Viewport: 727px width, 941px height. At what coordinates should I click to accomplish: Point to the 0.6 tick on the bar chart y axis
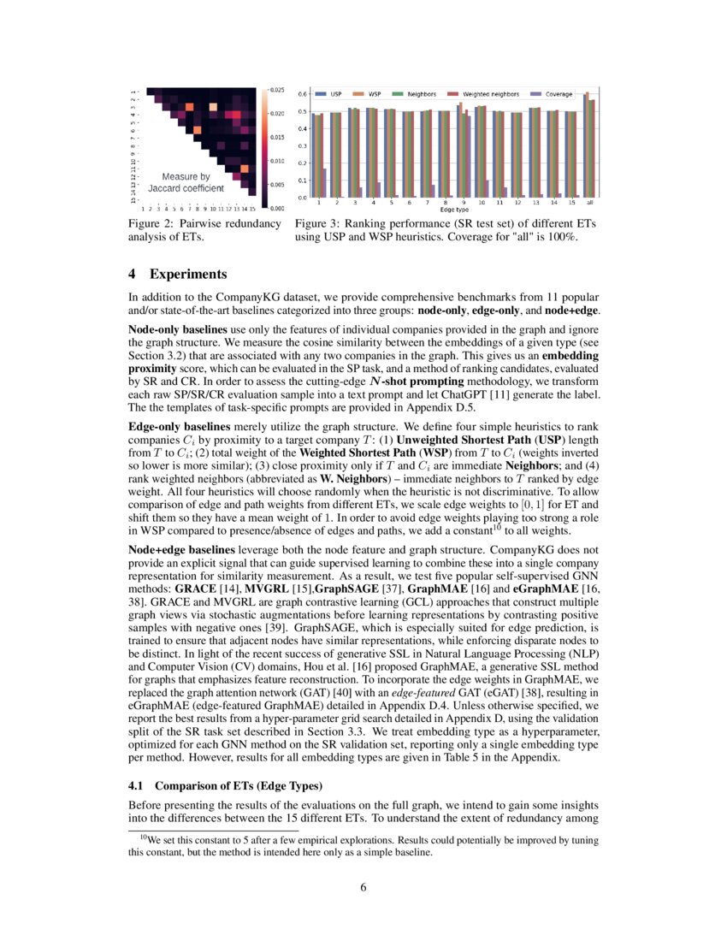303,93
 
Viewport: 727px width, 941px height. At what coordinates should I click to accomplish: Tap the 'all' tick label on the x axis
591,203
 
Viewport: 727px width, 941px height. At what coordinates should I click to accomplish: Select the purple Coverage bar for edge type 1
324,183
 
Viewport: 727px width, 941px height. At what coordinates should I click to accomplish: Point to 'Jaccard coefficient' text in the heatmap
186,187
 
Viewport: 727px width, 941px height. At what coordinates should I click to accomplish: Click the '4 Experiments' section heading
178,275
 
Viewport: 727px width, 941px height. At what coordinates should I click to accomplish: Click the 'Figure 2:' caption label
151,224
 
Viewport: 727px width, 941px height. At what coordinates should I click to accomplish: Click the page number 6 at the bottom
363,887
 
